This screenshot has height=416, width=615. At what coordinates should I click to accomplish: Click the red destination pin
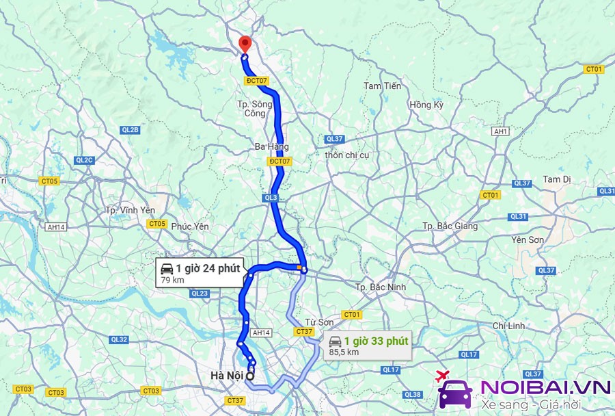point(245,44)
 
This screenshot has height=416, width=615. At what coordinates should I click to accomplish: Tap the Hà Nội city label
point(227,375)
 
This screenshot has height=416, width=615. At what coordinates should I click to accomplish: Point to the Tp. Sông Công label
point(254,108)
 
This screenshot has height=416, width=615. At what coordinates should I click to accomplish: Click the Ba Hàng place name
point(271,146)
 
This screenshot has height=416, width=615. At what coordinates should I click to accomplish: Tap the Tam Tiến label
point(382,86)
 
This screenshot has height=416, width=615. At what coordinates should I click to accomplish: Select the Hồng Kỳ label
point(426,105)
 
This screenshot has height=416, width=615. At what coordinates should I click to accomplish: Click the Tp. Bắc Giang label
point(448,226)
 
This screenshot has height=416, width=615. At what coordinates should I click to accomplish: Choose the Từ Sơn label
point(319,322)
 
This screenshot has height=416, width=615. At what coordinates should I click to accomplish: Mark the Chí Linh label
point(508,326)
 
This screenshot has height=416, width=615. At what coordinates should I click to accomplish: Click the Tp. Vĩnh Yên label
point(131,210)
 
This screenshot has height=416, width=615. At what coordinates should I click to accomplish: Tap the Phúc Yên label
point(190,226)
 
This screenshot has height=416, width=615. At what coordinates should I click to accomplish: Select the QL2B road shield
point(130,130)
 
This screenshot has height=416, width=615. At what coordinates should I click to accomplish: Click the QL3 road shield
point(271,198)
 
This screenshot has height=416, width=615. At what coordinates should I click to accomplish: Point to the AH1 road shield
point(501,131)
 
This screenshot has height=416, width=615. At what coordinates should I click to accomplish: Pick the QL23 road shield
point(200,294)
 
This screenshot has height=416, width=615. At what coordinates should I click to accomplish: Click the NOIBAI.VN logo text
point(545,387)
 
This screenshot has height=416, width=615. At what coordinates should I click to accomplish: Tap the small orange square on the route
point(299,268)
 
